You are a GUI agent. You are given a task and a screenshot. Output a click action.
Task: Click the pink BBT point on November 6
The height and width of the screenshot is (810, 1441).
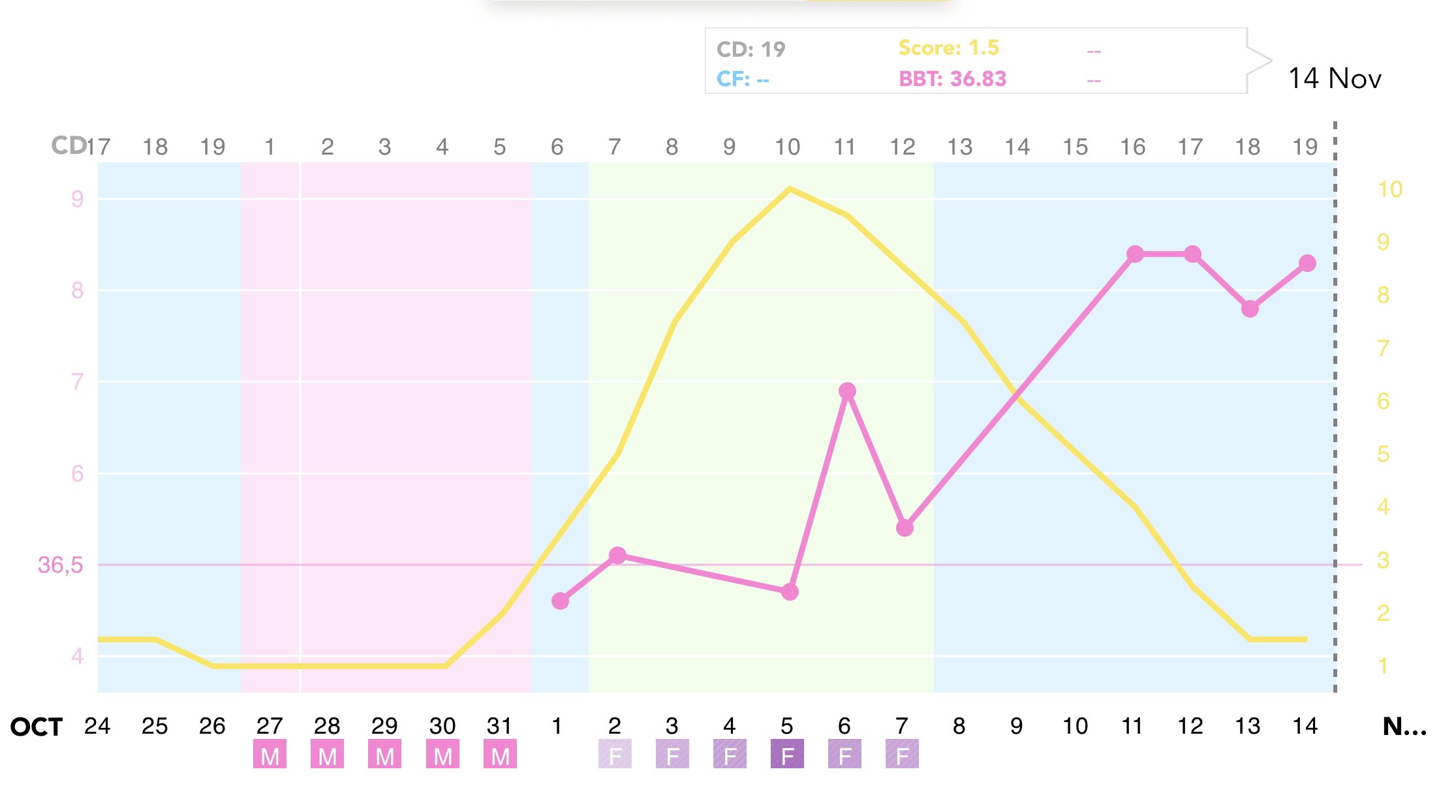[x=847, y=391]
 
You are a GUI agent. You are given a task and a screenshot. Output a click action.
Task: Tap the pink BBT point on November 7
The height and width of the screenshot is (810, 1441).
[x=905, y=528]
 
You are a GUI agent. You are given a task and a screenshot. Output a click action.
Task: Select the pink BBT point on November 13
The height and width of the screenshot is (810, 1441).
[x=1250, y=308]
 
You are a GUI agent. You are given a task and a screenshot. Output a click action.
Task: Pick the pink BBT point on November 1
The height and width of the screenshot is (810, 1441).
[x=560, y=601]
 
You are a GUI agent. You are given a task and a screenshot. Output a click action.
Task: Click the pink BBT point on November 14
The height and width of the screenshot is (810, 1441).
[x=1307, y=263]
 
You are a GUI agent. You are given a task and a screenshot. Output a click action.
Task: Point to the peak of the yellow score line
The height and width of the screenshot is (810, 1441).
[x=790, y=189]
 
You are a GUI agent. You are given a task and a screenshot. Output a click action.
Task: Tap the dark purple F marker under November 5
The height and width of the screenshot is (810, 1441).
[x=787, y=755]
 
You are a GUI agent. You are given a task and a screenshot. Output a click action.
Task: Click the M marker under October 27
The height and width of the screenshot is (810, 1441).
[x=270, y=755]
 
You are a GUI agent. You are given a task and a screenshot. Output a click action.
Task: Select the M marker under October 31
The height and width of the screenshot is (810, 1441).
[x=500, y=755]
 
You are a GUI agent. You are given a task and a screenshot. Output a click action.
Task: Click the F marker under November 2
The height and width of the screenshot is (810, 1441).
[x=615, y=755]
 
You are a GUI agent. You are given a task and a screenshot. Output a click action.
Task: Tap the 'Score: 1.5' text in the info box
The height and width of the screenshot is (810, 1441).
[x=948, y=48]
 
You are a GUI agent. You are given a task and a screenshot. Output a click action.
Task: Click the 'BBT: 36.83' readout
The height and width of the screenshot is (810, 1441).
[x=952, y=79]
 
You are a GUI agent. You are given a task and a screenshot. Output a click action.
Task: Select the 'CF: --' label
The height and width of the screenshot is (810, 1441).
[x=743, y=79]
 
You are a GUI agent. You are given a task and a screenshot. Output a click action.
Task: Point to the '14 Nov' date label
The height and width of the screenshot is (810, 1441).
[x=1335, y=78]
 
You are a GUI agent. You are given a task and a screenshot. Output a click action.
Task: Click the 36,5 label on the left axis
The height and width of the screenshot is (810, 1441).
[x=60, y=565]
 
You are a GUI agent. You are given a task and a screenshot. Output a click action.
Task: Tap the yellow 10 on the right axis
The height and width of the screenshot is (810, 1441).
[x=1389, y=189]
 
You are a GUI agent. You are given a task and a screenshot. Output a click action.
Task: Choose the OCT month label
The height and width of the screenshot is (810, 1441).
[x=37, y=727]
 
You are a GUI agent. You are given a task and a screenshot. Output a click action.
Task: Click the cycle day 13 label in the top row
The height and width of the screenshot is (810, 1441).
[x=959, y=147]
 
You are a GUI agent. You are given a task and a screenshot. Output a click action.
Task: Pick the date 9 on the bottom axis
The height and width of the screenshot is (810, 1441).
[x=1016, y=726]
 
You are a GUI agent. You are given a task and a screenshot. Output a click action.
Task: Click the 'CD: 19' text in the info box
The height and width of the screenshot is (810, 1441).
[x=751, y=49]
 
